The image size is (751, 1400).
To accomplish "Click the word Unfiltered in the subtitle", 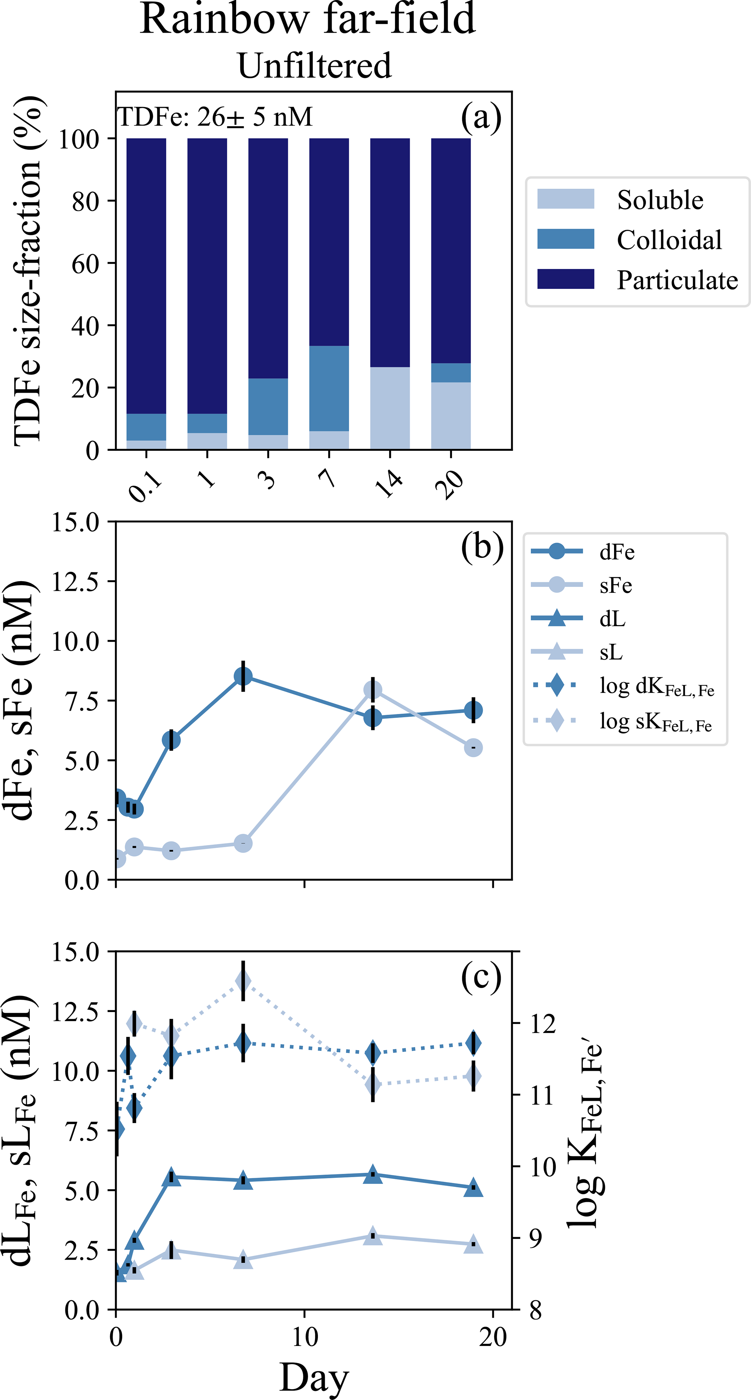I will coord(314,66).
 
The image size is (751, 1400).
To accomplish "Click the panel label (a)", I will coord(481,117).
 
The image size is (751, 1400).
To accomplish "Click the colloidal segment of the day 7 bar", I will coord(329,388).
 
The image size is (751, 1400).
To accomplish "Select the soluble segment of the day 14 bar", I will coord(390,408).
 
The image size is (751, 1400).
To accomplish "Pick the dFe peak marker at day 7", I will coord(243,677).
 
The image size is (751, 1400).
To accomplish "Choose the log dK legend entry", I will coord(656,687).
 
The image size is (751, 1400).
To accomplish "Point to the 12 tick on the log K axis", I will coord(543,1024).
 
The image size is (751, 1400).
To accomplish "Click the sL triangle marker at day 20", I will coord(474,1244).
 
